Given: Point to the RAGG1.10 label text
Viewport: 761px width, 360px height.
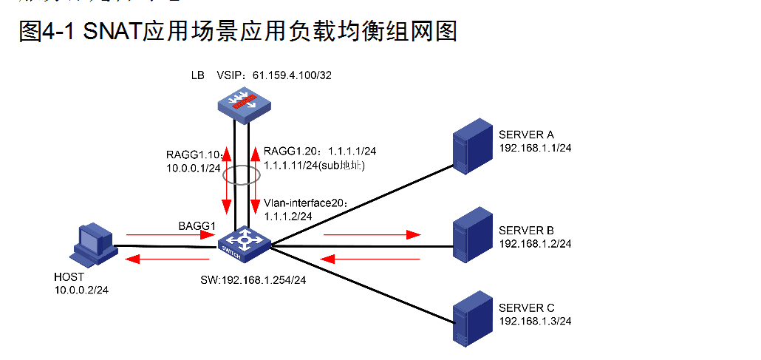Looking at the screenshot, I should point(194,155).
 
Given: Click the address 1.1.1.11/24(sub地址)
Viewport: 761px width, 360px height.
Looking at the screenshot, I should point(315,167).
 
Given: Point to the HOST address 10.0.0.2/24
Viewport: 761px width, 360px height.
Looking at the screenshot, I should point(82,290).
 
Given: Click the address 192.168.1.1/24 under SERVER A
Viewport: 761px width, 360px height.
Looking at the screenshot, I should point(536,148).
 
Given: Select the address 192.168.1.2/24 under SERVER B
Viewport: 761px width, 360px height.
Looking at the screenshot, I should point(536,243).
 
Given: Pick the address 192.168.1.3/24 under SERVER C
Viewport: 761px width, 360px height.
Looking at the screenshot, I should point(536,321).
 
